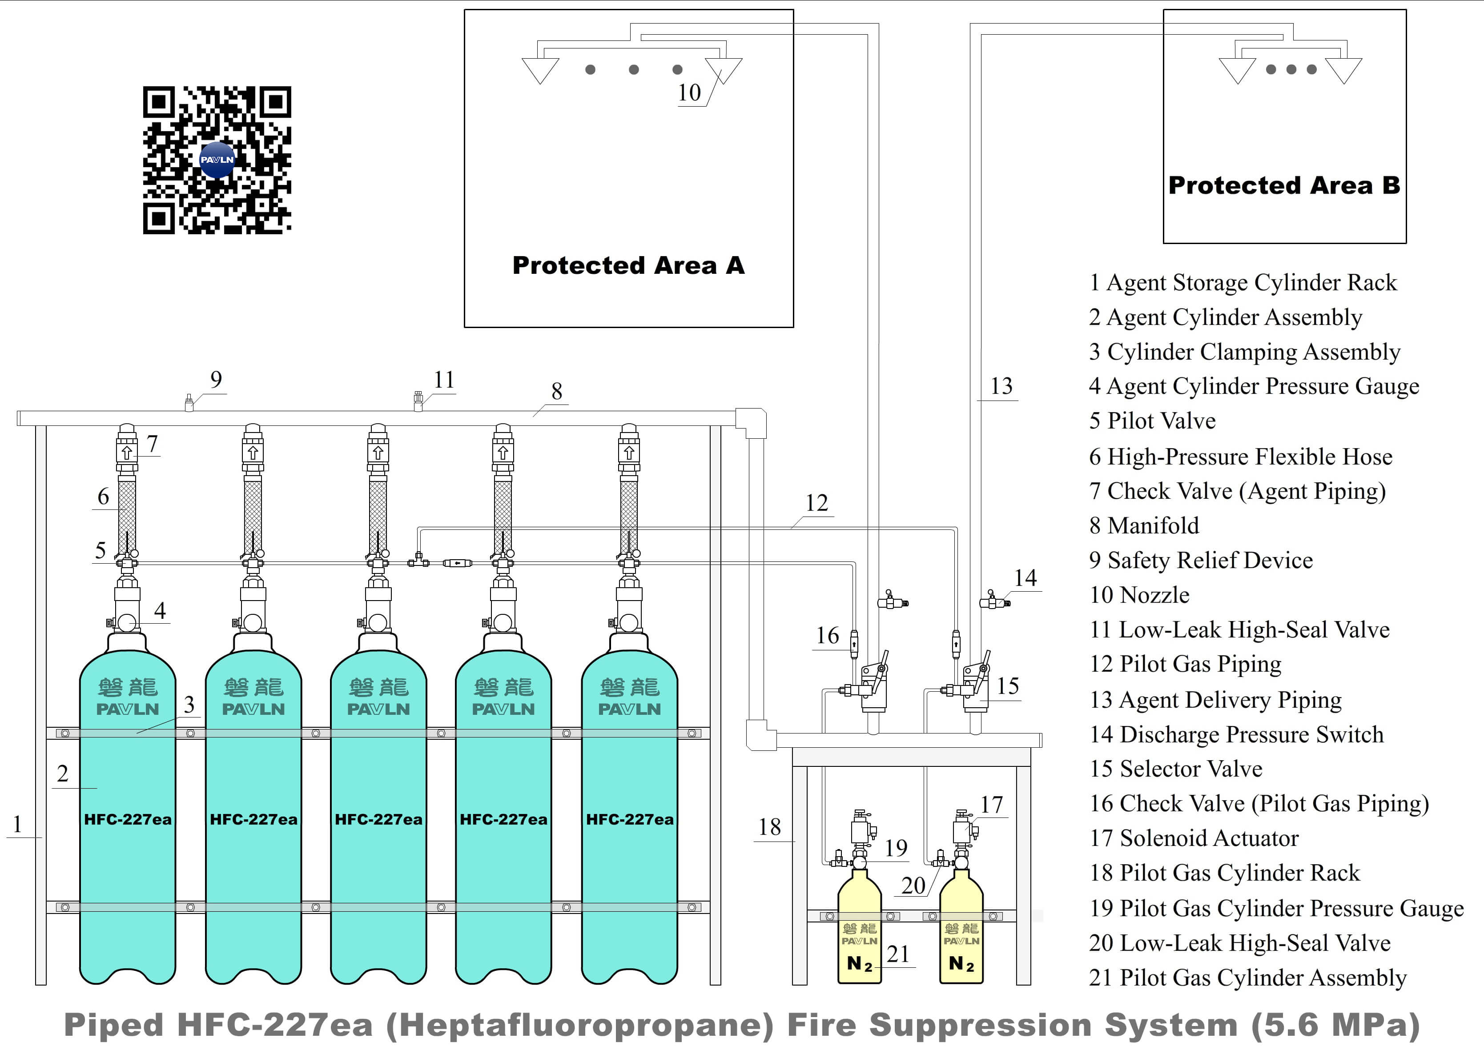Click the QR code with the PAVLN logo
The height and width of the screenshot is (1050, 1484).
[217, 160]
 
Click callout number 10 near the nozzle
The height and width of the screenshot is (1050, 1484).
[689, 93]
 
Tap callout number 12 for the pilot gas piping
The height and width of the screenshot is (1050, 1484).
[816, 503]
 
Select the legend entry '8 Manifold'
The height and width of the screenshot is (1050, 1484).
[1143, 525]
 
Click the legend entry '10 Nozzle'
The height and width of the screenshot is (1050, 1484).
[1139, 595]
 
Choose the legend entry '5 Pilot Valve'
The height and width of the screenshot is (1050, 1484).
[1152, 421]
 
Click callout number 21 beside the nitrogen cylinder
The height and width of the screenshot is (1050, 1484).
[898, 954]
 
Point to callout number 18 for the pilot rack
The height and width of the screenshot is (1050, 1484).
[769, 827]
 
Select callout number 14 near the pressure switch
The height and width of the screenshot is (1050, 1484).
[1025, 577]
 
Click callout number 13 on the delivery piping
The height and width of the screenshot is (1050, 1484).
[1001, 387]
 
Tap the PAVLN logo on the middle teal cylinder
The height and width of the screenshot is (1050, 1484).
[378, 709]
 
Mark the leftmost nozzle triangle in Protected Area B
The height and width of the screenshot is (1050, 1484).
[1237, 70]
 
